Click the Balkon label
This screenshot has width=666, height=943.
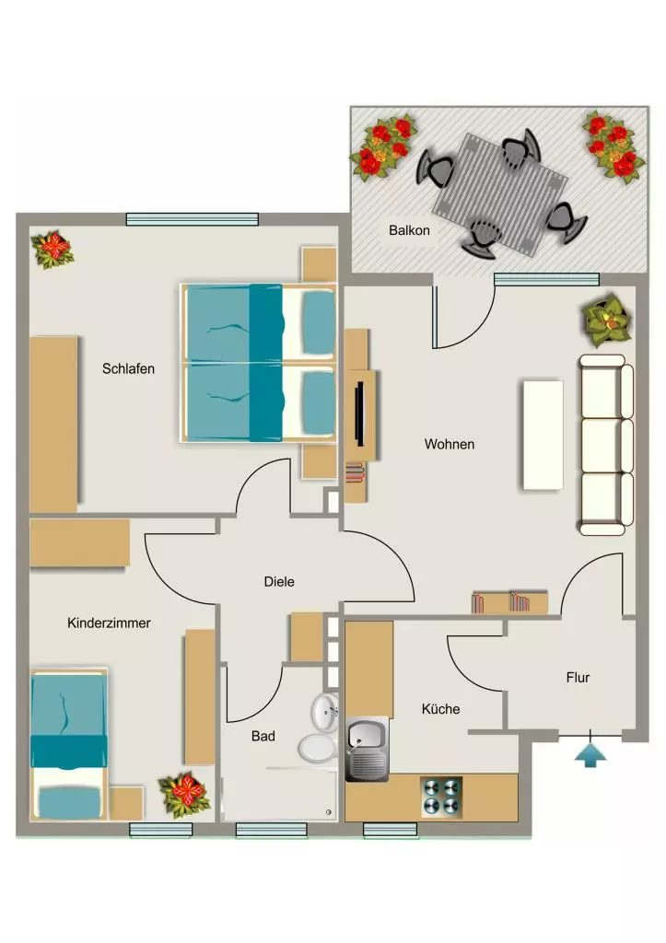point(409,230)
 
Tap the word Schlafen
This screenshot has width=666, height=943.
point(128,368)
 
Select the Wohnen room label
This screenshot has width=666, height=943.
point(450,445)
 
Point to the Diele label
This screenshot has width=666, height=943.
point(279,582)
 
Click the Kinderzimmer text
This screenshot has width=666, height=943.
point(109,623)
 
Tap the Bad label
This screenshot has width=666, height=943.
point(263,736)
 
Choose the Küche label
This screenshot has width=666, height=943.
point(440,709)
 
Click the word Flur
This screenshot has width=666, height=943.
point(578,678)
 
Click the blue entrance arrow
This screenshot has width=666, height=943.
point(590,755)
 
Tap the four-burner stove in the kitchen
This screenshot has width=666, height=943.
point(441,797)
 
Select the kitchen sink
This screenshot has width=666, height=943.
point(367,749)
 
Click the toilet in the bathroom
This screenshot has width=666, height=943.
point(318,748)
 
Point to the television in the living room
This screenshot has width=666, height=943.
point(360,414)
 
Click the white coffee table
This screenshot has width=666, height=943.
point(543,435)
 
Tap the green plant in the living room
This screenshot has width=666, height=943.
point(607,320)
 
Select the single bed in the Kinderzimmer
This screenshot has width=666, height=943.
point(68,743)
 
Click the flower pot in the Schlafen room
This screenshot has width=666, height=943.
point(53,249)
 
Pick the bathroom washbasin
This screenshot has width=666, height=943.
point(325,713)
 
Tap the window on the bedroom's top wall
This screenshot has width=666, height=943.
point(192,219)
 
